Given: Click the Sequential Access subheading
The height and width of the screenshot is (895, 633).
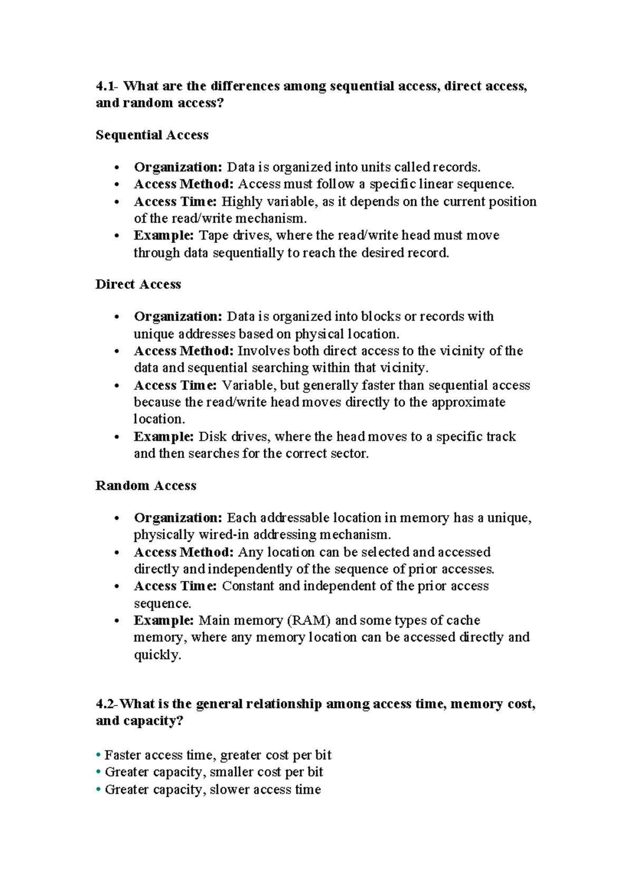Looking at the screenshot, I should click(152, 135).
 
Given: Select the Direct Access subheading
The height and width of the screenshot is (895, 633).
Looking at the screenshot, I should click(138, 284).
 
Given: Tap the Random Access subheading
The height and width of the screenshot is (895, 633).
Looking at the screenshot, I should click(146, 485).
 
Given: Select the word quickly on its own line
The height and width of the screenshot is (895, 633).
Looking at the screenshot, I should click(157, 655).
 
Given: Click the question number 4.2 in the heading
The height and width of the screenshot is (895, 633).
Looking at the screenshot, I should click(107, 704).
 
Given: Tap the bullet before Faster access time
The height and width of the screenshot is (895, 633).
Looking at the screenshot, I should click(98, 755).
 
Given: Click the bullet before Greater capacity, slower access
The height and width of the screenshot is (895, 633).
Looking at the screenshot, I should click(98, 790).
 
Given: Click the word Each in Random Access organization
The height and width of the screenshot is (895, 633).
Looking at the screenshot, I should click(241, 518).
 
